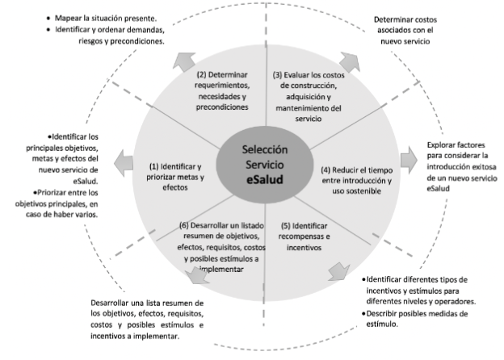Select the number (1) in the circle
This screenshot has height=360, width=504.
(155, 165)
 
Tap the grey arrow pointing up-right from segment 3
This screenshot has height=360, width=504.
(347, 61)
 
